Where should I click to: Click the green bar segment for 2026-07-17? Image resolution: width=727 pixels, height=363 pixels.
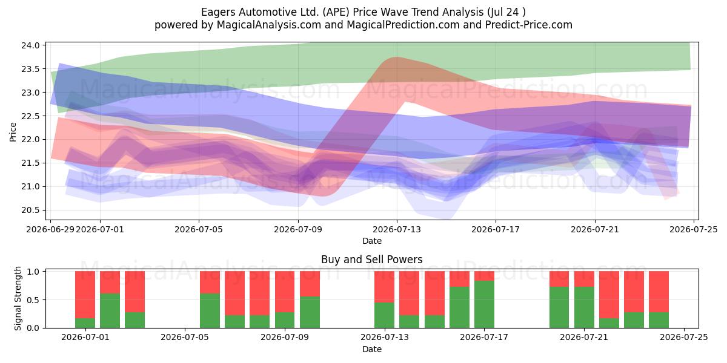coord(484,304)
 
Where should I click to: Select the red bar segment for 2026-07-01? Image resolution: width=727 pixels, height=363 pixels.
coord(85,295)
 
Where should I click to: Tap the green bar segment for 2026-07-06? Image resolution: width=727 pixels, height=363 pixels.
coord(210,310)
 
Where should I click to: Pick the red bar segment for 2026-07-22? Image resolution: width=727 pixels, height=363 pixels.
coord(609,295)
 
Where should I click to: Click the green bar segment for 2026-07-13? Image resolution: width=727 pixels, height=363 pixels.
coord(384,315)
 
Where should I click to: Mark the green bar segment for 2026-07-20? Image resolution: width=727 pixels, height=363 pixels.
coord(559,307)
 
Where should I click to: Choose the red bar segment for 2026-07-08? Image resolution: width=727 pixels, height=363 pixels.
coord(260,293)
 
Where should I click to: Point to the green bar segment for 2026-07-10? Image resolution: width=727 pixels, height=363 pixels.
coord(310,312)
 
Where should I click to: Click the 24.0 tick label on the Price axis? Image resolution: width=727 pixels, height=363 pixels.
coord(30,45)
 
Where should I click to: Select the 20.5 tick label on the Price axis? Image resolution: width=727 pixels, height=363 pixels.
coord(30,210)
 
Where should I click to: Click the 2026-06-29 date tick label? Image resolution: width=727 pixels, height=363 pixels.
coord(50,229)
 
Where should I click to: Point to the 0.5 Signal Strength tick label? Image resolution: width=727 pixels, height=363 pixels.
coord(33,300)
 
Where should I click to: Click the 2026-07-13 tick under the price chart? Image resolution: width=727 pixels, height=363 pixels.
coord(397,220)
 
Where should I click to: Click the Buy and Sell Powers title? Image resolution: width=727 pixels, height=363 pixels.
coord(371,260)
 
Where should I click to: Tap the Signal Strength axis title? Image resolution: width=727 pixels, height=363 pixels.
coord(18,298)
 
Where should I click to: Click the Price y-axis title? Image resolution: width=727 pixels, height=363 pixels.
coord(13,132)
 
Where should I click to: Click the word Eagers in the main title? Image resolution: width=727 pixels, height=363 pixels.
coord(218,12)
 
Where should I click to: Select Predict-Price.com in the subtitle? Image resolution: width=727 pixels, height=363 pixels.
coord(529,25)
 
